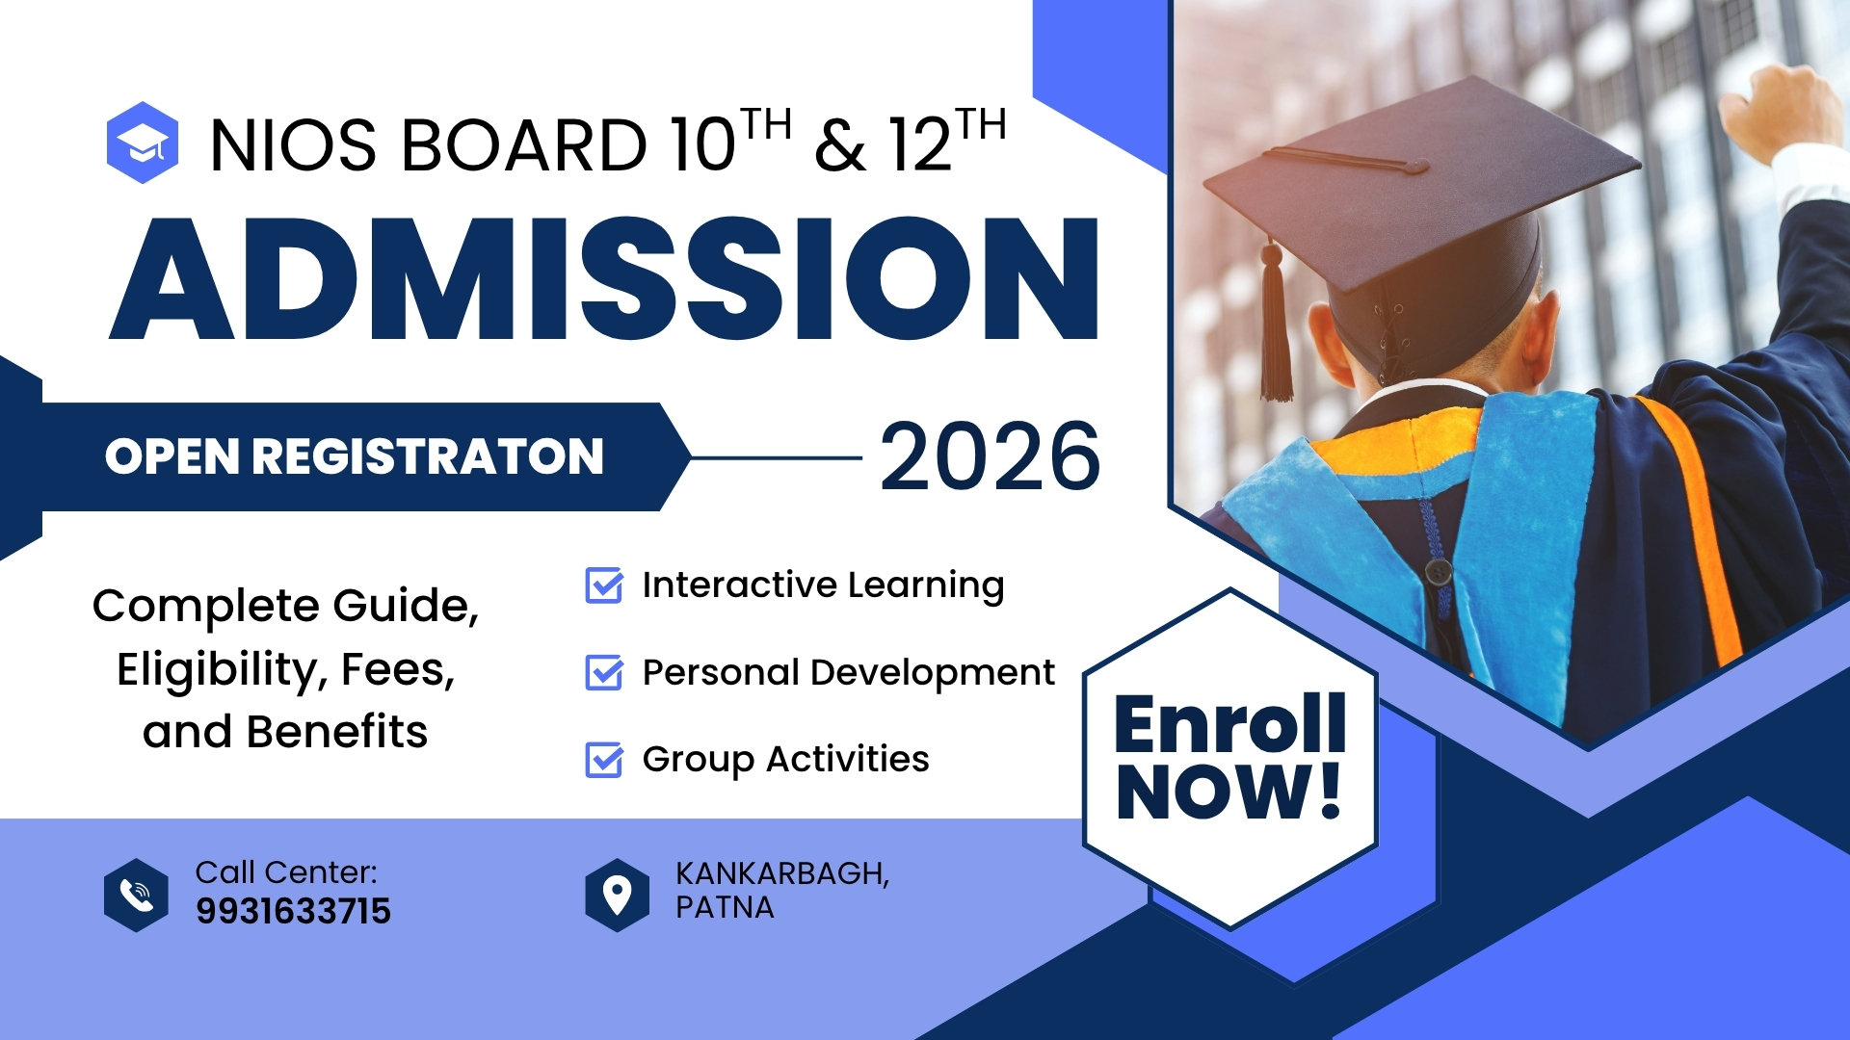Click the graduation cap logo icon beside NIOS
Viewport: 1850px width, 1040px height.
point(143,143)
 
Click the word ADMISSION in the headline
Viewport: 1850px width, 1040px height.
point(604,279)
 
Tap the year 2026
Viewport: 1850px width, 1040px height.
point(990,457)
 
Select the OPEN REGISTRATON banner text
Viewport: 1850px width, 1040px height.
point(354,456)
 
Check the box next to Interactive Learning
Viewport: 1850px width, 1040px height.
point(604,585)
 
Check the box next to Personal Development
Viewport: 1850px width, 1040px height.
point(604,672)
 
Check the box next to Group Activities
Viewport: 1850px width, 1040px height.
point(604,759)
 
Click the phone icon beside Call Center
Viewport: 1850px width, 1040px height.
point(136,895)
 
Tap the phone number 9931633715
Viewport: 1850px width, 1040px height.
point(293,911)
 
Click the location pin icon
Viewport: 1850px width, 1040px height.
point(617,895)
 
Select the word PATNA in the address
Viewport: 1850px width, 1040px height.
point(725,908)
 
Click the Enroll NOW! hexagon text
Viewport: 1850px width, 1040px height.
point(1229,757)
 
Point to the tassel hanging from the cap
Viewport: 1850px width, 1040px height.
point(1277,327)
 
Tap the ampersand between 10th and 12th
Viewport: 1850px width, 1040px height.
point(839,146)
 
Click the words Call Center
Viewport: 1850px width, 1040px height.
point(286,872)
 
